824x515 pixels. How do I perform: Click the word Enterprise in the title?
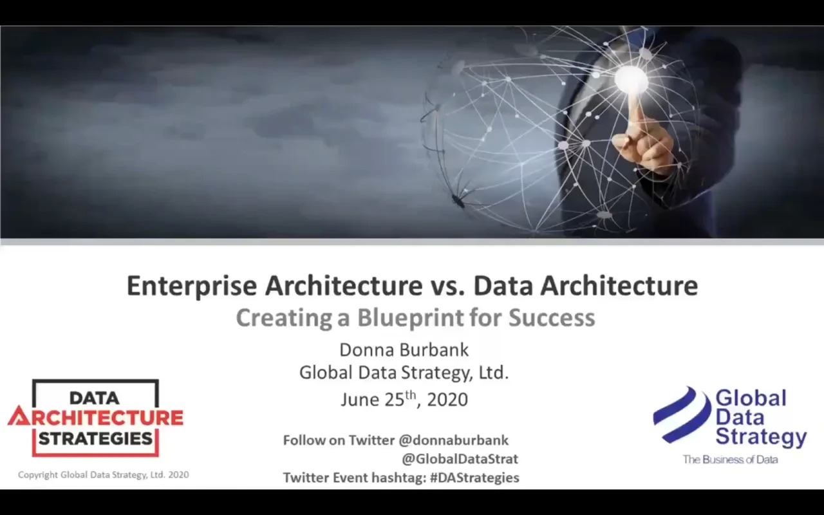[191, 286]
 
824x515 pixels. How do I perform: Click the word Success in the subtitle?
[552, 318]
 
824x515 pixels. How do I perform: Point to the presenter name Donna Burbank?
[404, 350]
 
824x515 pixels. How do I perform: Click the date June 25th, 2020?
[404, 399]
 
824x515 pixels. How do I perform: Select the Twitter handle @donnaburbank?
[454, 440]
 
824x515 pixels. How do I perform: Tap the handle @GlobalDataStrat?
[460, 459]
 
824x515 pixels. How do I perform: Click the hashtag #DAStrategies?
[474, 478]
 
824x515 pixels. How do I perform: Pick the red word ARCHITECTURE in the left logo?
[95, 418]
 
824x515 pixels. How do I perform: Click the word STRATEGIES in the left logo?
[95, 438]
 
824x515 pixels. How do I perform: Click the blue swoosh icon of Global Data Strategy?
[683, 415]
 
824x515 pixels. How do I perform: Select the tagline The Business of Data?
[730, 460]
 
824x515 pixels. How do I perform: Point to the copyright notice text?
[104, 475]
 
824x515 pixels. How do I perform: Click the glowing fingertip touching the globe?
[632, 79]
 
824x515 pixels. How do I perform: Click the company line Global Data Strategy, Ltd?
[404, 373]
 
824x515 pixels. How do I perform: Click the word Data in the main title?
[503, 286]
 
